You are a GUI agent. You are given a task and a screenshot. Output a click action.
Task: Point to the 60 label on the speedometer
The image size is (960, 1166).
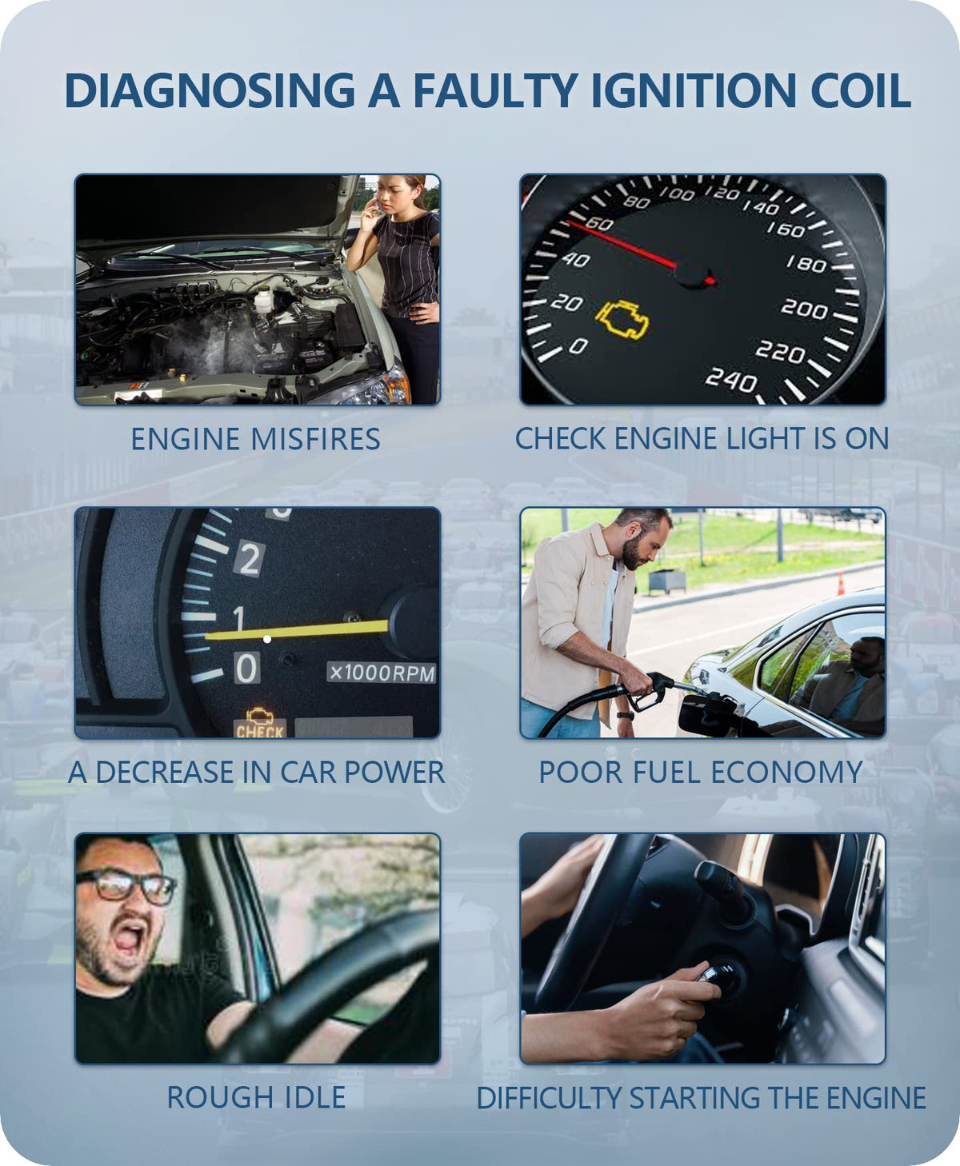pos(599,224)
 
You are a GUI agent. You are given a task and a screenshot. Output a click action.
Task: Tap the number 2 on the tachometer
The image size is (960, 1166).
pos(250,559)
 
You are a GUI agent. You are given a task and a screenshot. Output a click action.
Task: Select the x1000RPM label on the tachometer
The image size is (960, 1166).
pos(382,673)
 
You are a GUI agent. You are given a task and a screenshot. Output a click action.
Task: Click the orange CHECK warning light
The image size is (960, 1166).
pos(259,723)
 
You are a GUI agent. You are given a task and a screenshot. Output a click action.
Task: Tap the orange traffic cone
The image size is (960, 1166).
pos(841,584)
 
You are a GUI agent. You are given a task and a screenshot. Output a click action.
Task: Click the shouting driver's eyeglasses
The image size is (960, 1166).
pos(126,885)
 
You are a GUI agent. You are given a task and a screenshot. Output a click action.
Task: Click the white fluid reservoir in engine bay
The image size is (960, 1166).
pos(264,299)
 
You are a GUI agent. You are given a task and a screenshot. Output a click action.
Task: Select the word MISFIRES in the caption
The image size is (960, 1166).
pos(315,439)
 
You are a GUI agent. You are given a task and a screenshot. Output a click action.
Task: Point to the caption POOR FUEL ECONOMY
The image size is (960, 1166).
pos(701,772)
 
